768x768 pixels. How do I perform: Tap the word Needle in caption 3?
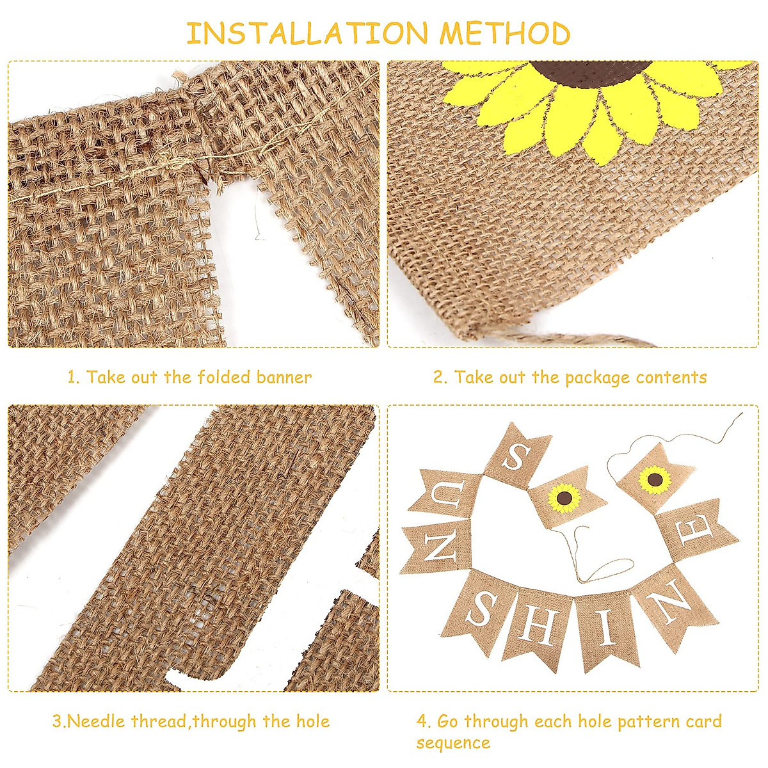[x=97, y=722]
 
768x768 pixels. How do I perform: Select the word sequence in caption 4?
[x=452, y=743]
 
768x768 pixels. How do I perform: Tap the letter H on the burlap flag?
[x=540, y=623]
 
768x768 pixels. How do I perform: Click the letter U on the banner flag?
[x=440, y=496]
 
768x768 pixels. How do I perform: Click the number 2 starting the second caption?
[x=438, y=378]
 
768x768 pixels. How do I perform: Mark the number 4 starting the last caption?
[x=423, y=722]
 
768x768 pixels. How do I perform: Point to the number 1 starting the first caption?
[x=72, y=377]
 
